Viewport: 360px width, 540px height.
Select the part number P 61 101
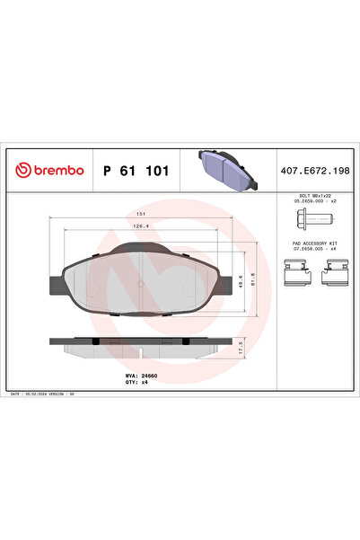136,169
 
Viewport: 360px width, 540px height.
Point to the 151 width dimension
142,214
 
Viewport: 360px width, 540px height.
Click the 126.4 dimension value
142,227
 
